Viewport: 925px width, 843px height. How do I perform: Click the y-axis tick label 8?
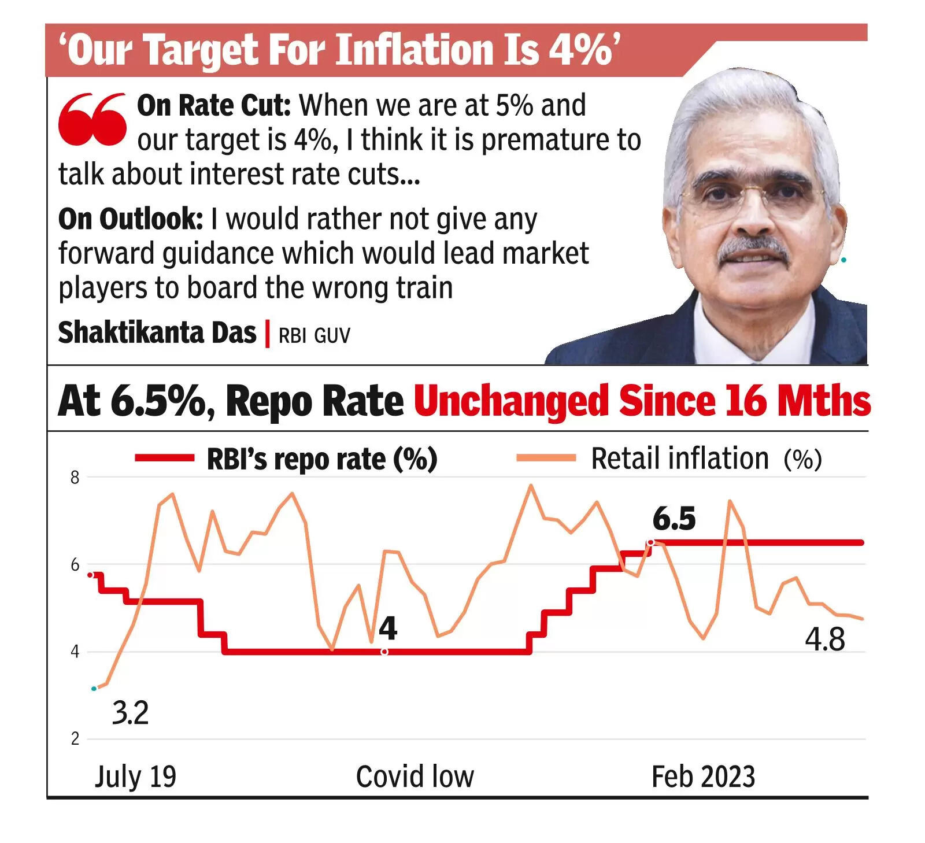pos(75,478)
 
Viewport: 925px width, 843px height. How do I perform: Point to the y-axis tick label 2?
pos(75,739)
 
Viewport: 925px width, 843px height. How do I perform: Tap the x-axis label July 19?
pos(135,777)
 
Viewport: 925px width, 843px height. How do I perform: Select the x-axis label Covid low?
pos(415,777)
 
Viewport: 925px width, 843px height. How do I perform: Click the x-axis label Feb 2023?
pos(703,777)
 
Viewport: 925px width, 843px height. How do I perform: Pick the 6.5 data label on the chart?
pos(674,519)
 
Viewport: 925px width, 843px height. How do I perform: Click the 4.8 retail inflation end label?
pos(825,640)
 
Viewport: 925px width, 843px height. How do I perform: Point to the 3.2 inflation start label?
pos(130,713)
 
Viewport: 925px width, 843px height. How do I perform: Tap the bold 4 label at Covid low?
pos(388,628)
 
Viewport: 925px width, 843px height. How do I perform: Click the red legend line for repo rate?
pos(164,459)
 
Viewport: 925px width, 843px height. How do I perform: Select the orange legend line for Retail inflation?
pos(546,459)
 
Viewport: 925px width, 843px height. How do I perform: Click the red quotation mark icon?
pos(92,119)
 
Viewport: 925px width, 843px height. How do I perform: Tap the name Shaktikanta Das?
pos(157,333)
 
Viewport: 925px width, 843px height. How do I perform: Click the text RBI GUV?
pos(314,336)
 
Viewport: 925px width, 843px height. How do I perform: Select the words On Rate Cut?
pos(214,106)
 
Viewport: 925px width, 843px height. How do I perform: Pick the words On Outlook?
pos(131,219)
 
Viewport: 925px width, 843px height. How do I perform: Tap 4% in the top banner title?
pos(580,50)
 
